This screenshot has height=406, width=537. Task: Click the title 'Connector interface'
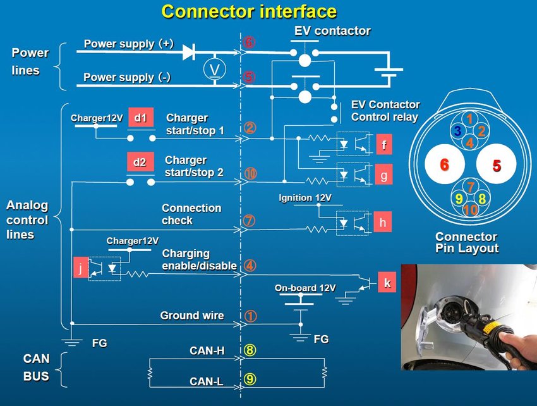[249, 11]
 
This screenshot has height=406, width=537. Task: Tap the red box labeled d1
[140, 118]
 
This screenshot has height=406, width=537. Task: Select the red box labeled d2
[140, 163]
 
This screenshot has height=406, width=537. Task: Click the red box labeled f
[383, 145]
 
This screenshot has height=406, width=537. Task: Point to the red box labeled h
[383, 223]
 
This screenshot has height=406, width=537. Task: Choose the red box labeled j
[80, 267]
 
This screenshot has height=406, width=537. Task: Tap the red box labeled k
[387, 283]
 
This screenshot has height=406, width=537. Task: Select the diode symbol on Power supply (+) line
[188, 52]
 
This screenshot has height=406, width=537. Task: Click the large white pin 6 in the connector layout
[444, 165]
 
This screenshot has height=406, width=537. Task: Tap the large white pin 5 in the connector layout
[497, 166]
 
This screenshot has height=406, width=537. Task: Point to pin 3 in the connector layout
[457, 131]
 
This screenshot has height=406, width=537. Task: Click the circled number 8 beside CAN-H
[250, 350]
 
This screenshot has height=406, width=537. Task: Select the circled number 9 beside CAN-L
[250, 380]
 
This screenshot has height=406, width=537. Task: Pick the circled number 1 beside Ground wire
[250, 316]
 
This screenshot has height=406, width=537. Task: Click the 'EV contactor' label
[332, 30]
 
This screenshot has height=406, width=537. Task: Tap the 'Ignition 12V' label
[305, 198]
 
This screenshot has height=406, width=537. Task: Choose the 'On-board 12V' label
[305, 288]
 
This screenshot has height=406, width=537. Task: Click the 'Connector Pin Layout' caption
[467, 242]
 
